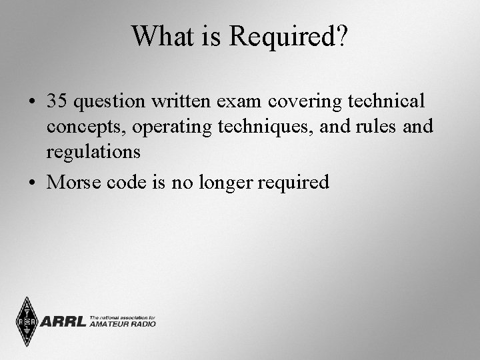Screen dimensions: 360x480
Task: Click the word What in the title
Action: (162, 36)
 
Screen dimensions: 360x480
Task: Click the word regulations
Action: (93, 152)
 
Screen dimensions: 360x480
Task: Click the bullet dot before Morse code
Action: (32, 182)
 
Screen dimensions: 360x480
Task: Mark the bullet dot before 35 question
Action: (32, 101)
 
